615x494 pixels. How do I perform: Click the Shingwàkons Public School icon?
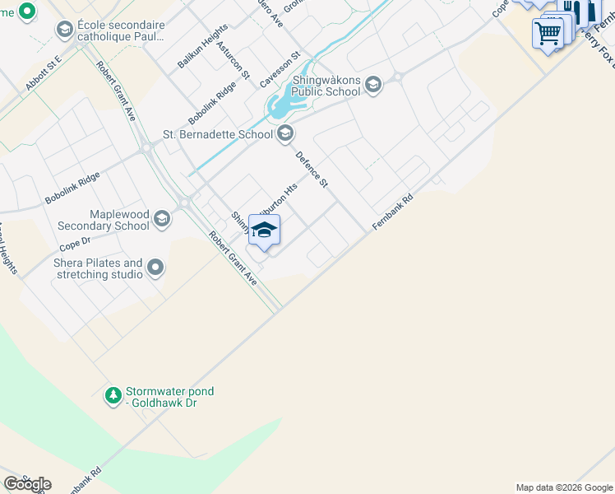373,86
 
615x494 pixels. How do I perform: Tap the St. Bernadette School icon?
285,133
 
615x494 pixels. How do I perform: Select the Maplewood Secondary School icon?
162,219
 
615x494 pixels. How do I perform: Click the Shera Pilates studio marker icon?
155,268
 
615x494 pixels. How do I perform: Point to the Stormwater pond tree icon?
113,396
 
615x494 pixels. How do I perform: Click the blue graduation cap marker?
264,231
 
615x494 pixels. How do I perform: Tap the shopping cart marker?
548,34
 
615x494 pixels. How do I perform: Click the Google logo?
27,484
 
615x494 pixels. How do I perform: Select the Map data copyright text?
564,487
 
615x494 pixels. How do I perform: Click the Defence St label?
312,169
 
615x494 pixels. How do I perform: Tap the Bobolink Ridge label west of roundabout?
72,188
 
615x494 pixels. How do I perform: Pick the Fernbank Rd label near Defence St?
392,212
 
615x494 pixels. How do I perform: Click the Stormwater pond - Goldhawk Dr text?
169,397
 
